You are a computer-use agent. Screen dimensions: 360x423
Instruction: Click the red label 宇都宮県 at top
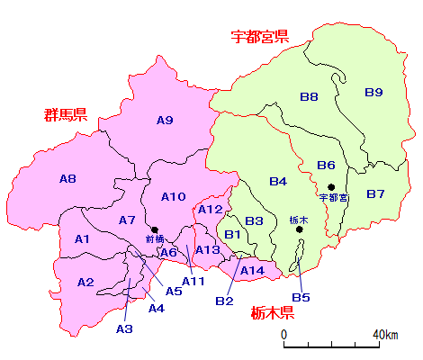(x=259, y=37)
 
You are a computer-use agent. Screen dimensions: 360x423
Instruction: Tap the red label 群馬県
(x=65, y=114)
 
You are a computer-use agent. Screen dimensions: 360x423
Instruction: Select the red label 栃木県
(x=274, y=313)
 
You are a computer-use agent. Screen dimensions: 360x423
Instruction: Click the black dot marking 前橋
(x=155, y=229)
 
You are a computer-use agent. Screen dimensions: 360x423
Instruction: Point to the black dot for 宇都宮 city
(x=332, y=187)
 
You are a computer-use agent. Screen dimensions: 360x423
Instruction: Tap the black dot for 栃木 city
(x=300, y=229)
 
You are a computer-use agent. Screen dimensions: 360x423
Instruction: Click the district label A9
(x=165, y=121)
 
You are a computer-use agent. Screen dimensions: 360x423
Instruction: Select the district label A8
(x=67, y=179)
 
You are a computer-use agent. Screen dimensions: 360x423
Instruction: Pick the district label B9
(x=373, y=92)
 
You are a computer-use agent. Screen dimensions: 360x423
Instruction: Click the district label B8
(x=309, y=96)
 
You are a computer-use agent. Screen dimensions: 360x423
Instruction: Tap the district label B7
(x=375, y=193)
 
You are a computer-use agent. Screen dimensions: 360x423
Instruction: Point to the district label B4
(x=277, y=182)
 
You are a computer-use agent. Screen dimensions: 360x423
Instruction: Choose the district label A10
(x=173, y=196)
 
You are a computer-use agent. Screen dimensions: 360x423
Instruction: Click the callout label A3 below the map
(x=124, y=329)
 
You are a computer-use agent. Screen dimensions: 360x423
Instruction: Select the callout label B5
(x=301, y=298)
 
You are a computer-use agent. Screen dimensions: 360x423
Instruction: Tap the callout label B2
(x=224, y=301)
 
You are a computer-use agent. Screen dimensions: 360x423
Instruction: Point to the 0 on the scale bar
(x=284, y=335)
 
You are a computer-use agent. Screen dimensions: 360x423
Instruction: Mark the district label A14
(x=252, y=270)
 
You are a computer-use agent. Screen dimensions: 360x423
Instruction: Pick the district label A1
(x=83, y=238)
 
